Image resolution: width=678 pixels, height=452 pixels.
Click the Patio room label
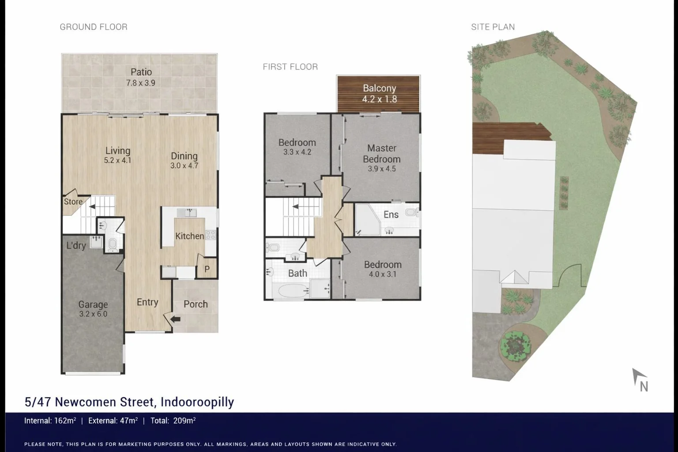[141, 72]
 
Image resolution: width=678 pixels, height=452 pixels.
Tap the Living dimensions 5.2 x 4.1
[117, 161]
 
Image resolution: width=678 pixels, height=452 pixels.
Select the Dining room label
[184, 156]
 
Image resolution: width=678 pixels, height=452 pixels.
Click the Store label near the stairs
[73, 202]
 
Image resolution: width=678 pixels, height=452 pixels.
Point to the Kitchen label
[189, 236]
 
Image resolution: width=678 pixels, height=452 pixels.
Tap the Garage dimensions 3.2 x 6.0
[93, 314]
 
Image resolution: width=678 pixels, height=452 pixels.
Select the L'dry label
[75, 246]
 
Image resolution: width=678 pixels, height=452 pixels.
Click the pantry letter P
[207, 269]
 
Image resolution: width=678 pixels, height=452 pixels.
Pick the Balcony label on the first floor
[379, 88]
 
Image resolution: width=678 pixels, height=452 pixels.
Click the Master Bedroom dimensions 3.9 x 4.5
[381, 169]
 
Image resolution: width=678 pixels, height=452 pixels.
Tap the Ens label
[391, 215]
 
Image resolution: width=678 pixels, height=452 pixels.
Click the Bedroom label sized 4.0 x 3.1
[382, 264]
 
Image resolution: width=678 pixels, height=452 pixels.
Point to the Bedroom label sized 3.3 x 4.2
[297, 143]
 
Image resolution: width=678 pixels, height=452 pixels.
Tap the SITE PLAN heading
[493, 27]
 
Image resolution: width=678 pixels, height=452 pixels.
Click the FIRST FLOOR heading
[290, 67]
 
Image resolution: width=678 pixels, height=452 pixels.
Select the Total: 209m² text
[173, 421]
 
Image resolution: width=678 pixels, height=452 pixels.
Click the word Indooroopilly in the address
[197, 402]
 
